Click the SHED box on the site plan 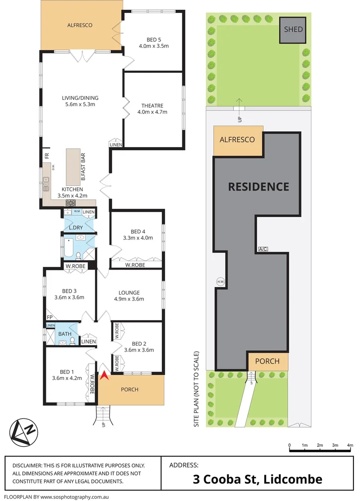[x=293, y=30]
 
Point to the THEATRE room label [x=152, y=109]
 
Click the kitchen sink [x=46, y=184]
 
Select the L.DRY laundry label [x=76, y=228]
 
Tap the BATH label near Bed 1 [x=64, y=334]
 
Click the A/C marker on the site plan [x=263, y=250]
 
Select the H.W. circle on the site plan [x=219, y=281]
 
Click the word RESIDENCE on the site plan [x=258, y=186]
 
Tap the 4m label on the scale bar [x=350, y=445]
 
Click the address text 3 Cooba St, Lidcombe [x=257, y=479]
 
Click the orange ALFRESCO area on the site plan [x=237, y=140]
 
